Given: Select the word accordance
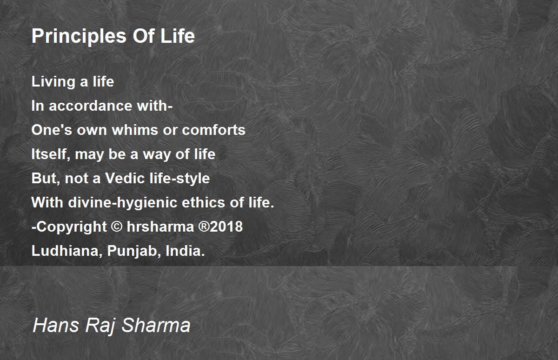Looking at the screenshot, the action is point(90,106).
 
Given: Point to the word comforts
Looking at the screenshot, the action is point(213,130).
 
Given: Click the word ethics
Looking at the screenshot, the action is point(204,202).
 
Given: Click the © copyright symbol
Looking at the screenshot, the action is point(117,227).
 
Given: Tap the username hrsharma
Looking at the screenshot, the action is point(160,227).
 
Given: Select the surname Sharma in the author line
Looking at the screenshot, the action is point(156,325).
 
